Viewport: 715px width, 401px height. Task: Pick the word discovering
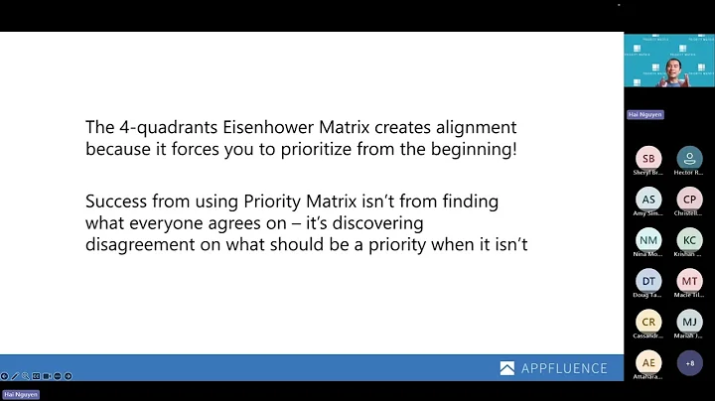tap(374, 222)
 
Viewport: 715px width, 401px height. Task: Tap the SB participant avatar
tap(647, 158)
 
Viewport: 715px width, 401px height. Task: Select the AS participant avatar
tap(647, 199)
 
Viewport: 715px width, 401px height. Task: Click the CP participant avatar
tap(689, 199)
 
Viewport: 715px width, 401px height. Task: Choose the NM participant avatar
tap(647, 240)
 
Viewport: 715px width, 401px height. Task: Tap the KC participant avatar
tap(689, 240)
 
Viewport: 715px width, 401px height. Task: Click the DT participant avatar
tap(647, 281)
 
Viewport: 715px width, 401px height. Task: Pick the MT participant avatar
tap(689, 281)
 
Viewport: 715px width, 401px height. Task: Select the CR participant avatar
tap(647, 323)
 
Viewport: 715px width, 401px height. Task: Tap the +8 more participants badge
tap(689, 363)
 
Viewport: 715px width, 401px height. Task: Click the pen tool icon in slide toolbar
tap(14, 376)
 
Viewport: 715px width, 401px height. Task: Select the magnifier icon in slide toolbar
tap(25, 376)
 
